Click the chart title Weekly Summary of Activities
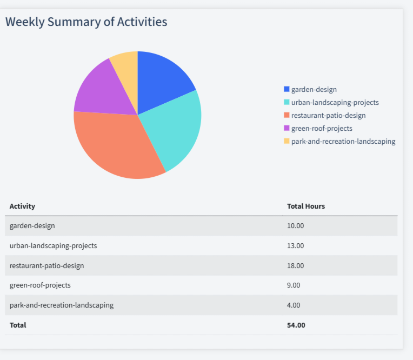[x=86, y=22]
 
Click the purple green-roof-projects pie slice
[x=100, y=92]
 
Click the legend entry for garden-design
[x=314, y=89]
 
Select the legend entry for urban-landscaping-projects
[x=335, y=102]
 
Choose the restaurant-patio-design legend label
[x=328, y=115]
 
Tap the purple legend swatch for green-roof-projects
[x=287, y=128]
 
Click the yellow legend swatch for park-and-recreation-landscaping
[x=287, y=141]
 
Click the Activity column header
[x=22, y=206]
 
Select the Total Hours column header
[x=305, y=206]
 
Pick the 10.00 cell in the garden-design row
[x=295, y=226]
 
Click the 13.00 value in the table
[x=295, y=245]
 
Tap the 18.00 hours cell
[x=295, y=265]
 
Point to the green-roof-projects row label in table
[x=40, y=285]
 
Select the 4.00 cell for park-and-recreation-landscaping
[x=294, y=305]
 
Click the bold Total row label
[x=18, y=325]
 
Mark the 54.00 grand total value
[x=296, y=325]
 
